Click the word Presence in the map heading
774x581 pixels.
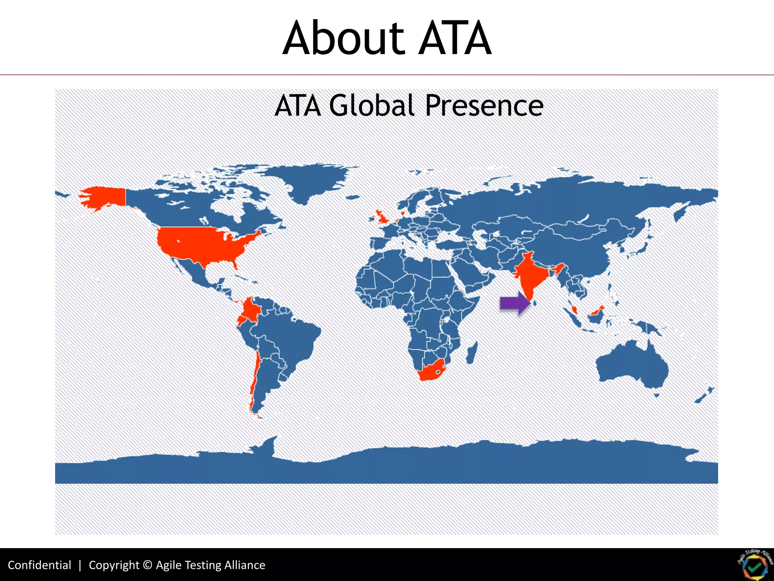484,106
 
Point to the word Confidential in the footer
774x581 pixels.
39,565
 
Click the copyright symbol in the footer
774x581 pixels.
148,565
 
